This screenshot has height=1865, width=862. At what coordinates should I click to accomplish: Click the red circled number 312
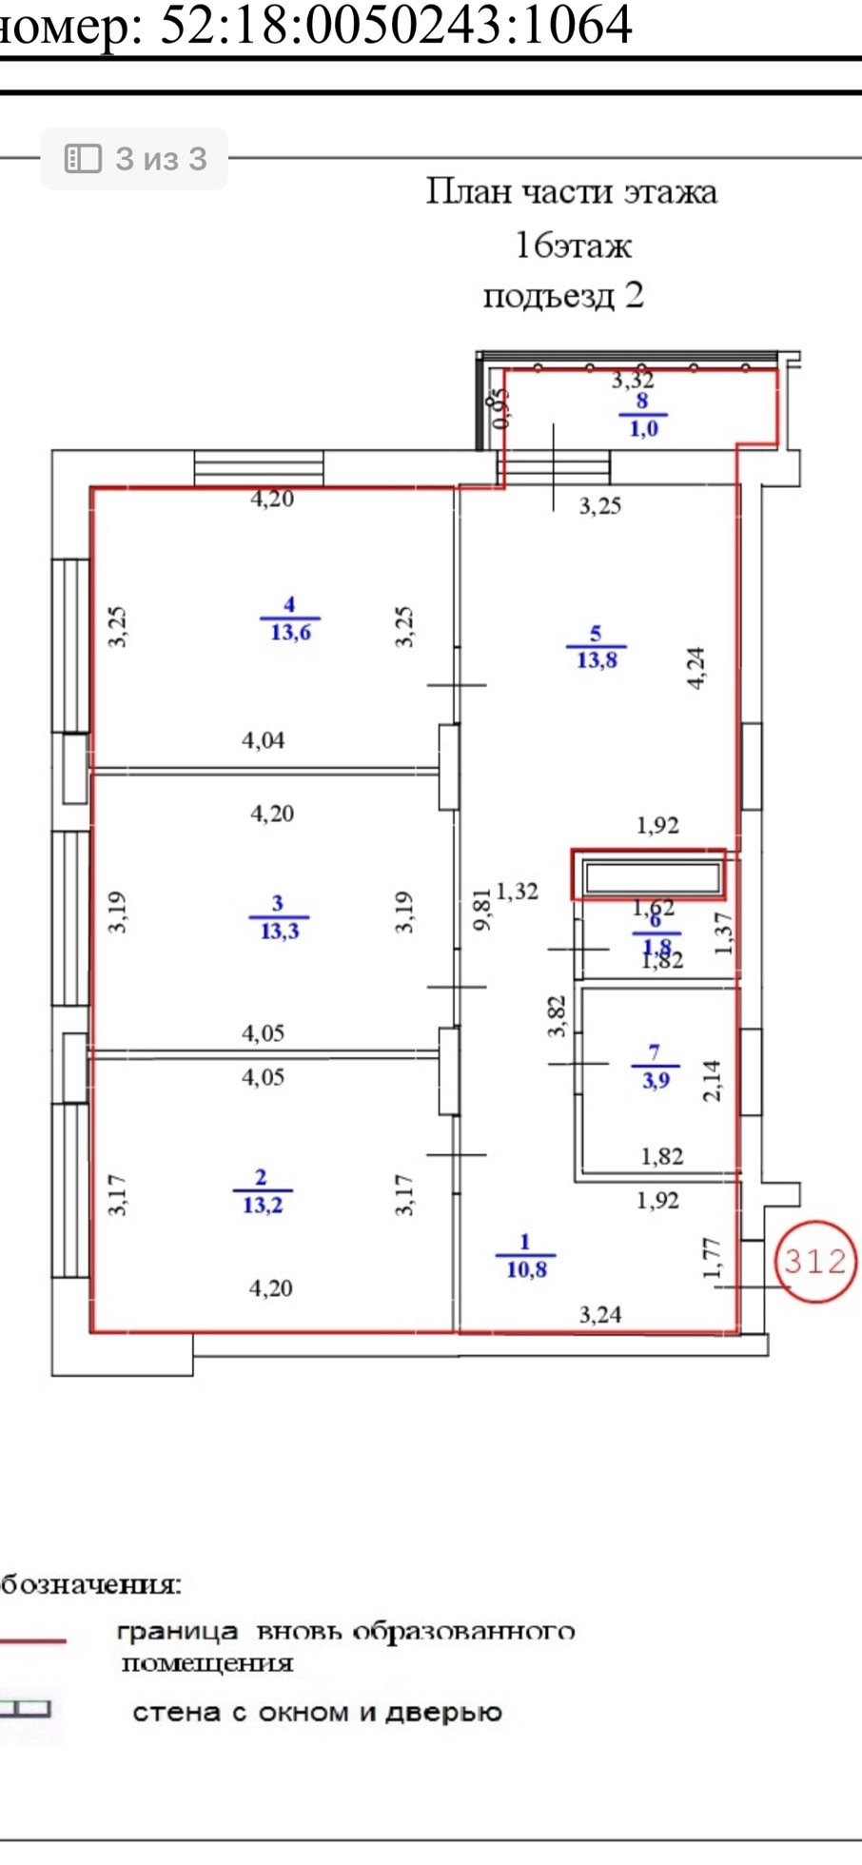pyautogui.click(x=814, y=1261)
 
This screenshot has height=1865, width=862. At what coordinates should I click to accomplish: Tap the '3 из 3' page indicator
pyautogui.click(x=135, y=159)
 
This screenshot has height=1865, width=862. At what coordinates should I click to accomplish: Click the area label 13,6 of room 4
pyautogui.click(x=290, y=633)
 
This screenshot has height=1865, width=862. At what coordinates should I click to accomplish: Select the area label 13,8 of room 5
pyautogui.click(x=597, y=660)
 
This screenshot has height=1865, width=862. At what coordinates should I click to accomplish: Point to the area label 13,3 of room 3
pyautogui.click(x=279, y=931)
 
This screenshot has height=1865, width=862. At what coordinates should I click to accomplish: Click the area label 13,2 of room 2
pyautogui.click(x=263, y=1206)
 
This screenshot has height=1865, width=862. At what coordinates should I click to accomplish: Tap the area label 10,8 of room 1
pyautogui.click(x=526, y=1269)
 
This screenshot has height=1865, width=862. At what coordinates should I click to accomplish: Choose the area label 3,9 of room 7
pyautogui.click(x=655, y=1081)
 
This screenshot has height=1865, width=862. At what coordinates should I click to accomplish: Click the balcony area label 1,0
pyautogui.click(x=643, y=429)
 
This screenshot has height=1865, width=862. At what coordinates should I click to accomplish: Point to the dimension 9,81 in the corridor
pyautogui.click(x=482, y=909)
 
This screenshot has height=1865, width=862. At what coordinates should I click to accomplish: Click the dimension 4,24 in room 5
pyautogui.click(x=696, y=667)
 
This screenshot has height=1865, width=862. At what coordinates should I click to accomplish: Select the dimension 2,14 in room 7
pyautogui.click(x=712, y=1081)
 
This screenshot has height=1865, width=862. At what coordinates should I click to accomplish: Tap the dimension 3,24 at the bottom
pyautogui.click(x=600, y=1314)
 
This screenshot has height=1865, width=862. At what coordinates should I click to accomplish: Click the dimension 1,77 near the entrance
pyautogui.click(x=712, y=1258)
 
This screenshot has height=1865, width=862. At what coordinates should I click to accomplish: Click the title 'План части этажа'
pyautogui.click(x=571, y=192)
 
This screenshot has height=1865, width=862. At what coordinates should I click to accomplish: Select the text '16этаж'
pyautogui.click(x=573, y=245)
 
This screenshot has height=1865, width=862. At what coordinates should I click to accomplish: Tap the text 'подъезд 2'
pyautogui.click(x=563, y=295)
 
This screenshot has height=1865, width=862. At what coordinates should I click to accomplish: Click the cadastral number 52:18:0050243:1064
pyautogui.click(x=395, y=25)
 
